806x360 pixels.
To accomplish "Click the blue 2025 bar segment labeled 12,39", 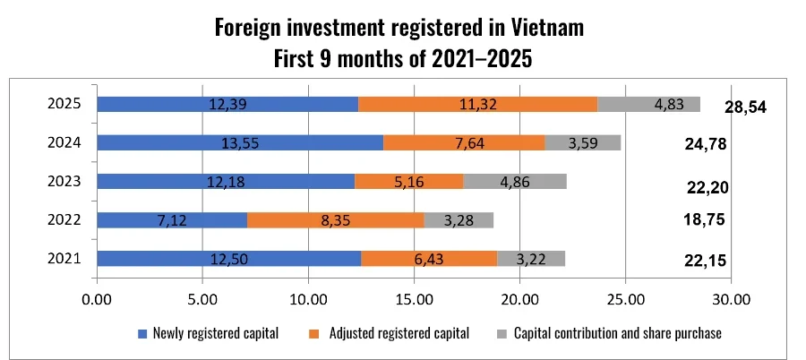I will tap(227, 104).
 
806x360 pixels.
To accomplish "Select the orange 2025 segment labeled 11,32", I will tap(477, 104).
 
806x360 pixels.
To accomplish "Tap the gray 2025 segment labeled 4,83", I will tap(648, 104).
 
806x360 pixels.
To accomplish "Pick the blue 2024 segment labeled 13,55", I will tap(239, 142).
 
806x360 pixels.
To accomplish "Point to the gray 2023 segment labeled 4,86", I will tap(515, 182).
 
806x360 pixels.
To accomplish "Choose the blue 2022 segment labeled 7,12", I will tap(171, 220).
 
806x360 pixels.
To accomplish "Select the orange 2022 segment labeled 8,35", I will tap(335, 220).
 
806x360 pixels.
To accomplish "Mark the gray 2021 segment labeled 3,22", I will tap(531, 259).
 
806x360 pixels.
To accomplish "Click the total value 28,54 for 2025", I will tap(746, 107).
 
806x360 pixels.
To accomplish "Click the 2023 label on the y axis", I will tap(64, 182).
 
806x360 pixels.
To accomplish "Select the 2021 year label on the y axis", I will tap(64, 259).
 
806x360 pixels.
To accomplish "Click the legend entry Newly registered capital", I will tap(214, 334).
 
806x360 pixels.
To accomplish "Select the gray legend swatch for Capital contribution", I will tap(502, 334).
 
